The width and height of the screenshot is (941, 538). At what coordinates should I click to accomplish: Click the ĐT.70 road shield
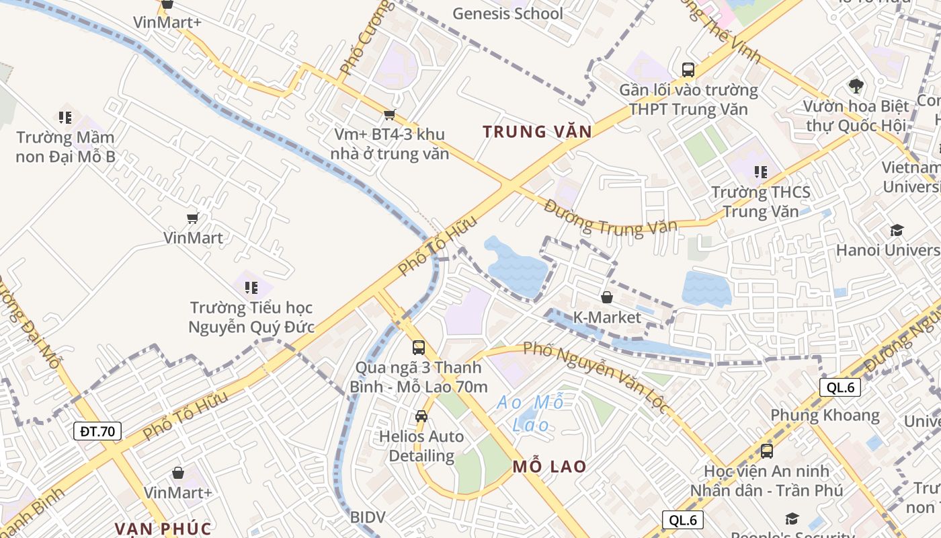(97, 431)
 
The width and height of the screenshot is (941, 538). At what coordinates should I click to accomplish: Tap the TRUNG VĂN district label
(537, 132)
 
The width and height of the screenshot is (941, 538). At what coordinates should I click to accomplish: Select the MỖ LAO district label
(549, 466)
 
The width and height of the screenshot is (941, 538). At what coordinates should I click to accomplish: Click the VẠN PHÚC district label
(163, 529)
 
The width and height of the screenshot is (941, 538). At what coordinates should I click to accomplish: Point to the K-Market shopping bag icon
(607, 297)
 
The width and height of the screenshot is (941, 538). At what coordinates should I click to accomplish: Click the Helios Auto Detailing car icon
(421, 416)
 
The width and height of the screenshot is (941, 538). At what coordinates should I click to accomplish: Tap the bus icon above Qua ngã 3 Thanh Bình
(419, 347)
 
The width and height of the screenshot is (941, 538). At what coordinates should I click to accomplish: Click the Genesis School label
(507, 13)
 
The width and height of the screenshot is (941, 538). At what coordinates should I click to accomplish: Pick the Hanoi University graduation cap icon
(897, 231)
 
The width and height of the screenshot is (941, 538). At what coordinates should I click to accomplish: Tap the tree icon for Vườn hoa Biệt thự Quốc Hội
(856, 85)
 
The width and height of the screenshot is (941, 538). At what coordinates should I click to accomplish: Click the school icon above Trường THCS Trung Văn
(761, 172)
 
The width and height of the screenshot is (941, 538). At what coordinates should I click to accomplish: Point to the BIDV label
(368, 517)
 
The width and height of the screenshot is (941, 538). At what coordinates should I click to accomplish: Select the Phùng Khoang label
(825, 415)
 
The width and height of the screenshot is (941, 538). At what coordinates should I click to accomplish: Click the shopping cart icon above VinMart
(193, 218)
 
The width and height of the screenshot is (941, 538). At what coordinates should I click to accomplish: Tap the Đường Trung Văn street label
(610, 219)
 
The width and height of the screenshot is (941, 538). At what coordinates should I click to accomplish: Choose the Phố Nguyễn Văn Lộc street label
(596, 376)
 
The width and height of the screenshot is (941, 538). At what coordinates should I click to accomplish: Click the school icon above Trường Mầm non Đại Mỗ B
(65, 118)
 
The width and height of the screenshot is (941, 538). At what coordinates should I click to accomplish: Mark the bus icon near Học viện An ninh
(767, 451)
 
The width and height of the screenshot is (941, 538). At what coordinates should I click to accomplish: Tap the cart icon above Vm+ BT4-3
(389, 115)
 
